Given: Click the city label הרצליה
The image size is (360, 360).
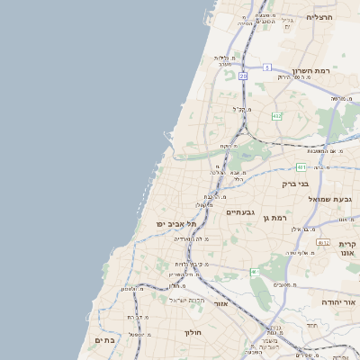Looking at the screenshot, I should tap(319, 17).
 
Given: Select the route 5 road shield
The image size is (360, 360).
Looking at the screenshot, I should tap(267, 67).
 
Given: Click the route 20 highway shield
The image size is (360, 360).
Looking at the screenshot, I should tap(243, 76).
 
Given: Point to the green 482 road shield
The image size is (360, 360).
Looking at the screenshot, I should tap(276, 116).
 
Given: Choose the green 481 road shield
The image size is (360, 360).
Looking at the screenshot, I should tap(301, 167).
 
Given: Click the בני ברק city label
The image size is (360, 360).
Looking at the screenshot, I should tap(295, 184).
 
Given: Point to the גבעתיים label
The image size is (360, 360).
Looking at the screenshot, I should tap(240, 212).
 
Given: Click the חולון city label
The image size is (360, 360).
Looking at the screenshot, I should tap(193, 333).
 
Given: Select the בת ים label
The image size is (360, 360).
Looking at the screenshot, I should tap(103, 340).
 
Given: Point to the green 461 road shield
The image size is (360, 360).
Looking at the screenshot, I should tap(255, 272).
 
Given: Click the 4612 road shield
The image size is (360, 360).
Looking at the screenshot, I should tap(322, 242).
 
